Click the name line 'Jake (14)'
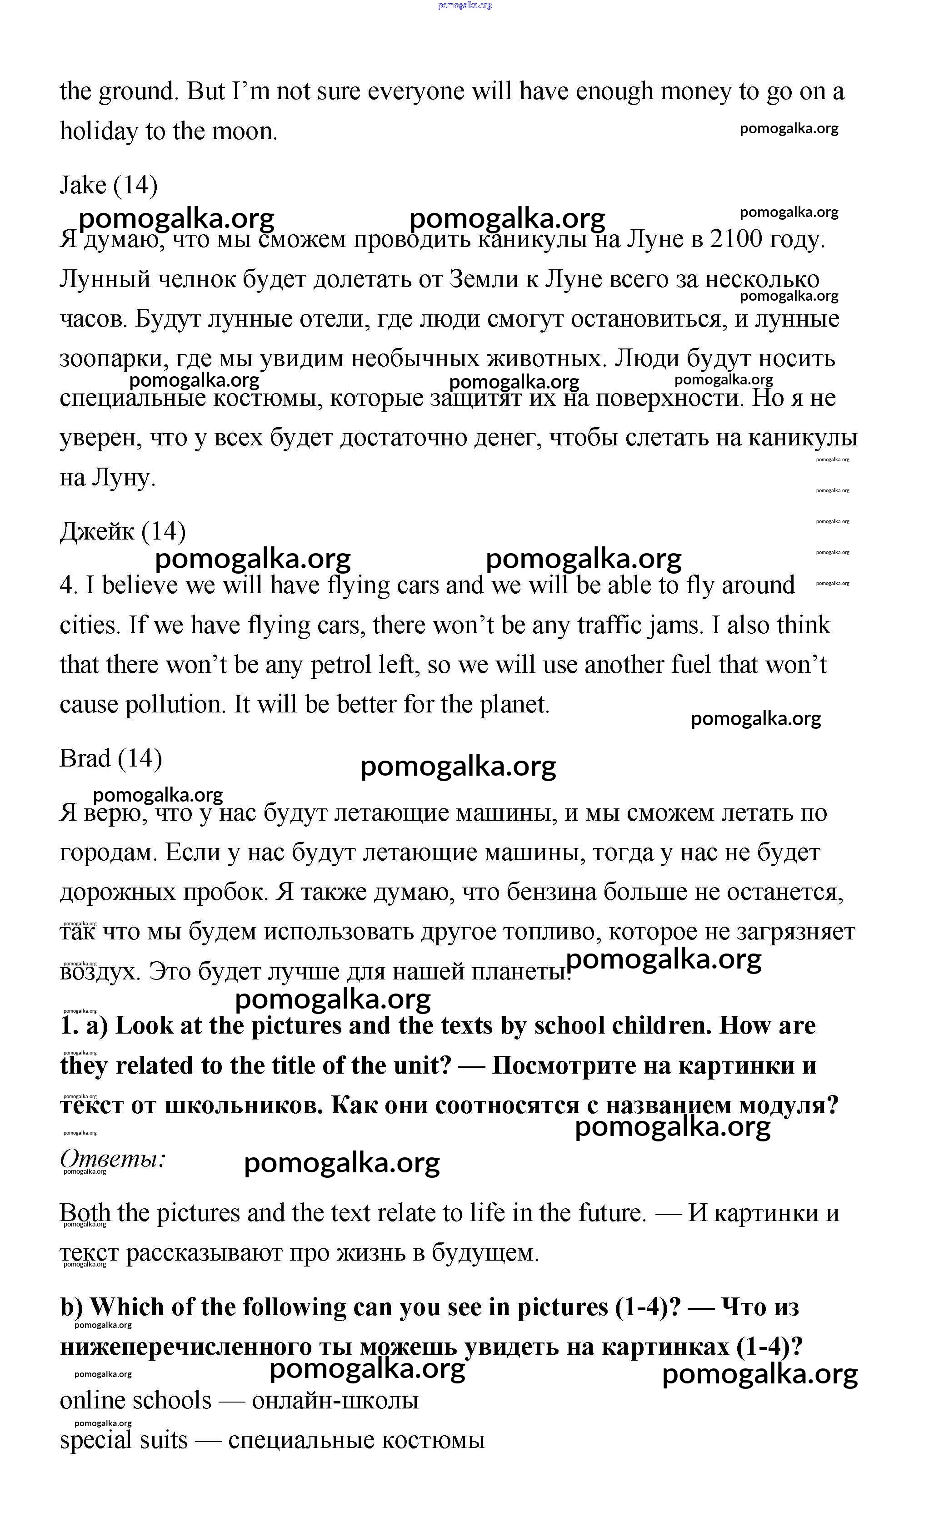click(x=109, y=185)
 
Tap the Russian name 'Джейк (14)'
click(x=122, y=531)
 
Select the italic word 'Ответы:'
click(x=113, y=1158)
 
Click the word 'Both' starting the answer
click(x=85, y=1213)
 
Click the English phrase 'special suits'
click(x=124, y=1440)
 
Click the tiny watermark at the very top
click(x=465, y=5)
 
